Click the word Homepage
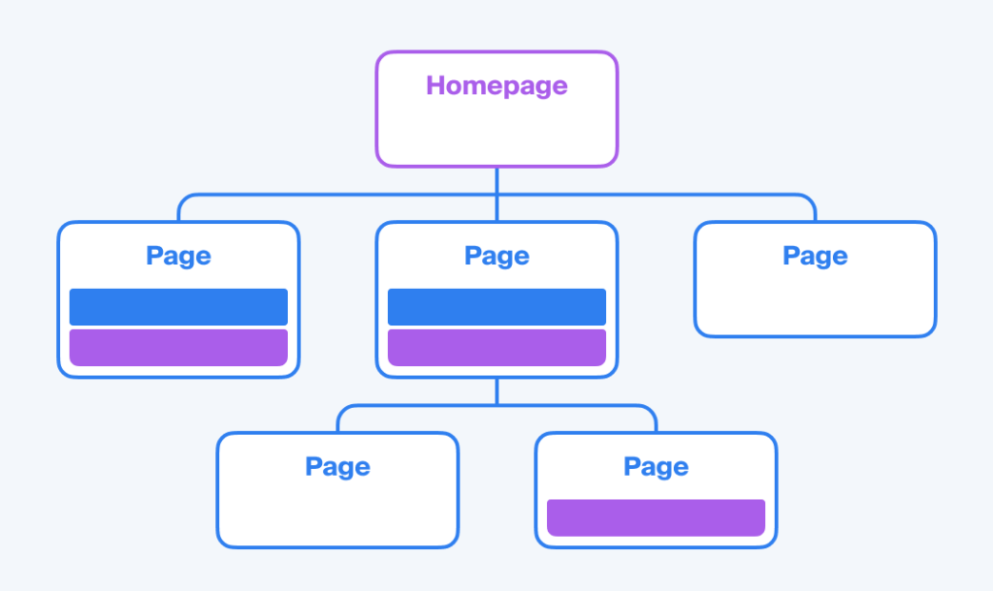pos(496,86)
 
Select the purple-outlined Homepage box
pos(496,109)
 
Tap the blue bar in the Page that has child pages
pos(496,307)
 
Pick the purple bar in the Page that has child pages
pos(496,348)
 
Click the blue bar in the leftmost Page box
pos(178,307)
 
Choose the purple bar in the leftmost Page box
pos(178,348)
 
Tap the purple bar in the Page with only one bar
pos(657,517)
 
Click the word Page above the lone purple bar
pos(657,467)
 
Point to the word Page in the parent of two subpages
pos(496,257)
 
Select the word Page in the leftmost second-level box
pos(178,257)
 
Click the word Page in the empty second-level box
pos(815,257)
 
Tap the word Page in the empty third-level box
pos(337,467)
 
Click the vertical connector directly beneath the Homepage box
pos(496,194)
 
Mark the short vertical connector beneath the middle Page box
pos(496,391)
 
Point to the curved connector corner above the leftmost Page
pos(183,200)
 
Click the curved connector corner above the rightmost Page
pos(810,200)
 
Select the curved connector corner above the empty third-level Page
pos(342,410)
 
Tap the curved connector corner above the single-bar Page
pos(651,410)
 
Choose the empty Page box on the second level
pos(815,279)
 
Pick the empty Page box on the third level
pos(337,490)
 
